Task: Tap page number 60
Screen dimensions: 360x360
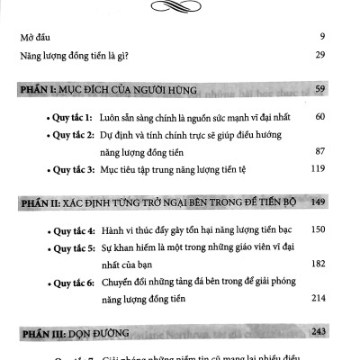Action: pyautogui.click(x=330, y=117)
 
